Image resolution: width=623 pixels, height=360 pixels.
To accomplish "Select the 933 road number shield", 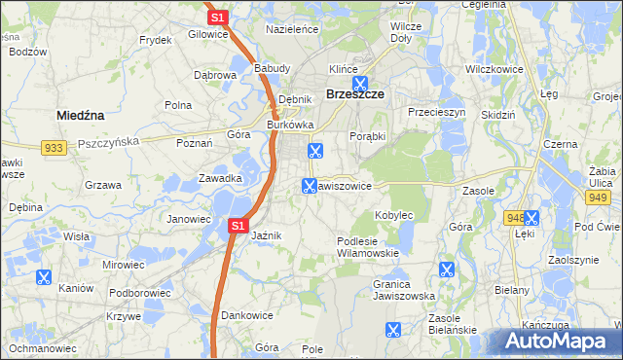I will [55, 147].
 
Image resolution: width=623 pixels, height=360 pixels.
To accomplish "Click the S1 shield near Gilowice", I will [217, 17].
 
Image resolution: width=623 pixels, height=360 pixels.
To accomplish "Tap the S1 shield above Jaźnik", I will [238, 226].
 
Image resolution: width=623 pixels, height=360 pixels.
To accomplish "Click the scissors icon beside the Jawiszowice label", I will [310, 185].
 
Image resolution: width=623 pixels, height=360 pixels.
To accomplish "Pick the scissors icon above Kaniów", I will [43, 277].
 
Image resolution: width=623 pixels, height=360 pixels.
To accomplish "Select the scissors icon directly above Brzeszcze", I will [360, 84].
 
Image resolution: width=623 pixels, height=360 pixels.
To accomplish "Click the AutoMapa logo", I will [558, 341].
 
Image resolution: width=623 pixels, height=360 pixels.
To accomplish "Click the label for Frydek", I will [156, 40].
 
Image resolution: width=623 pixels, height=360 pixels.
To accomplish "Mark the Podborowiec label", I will [140, 292].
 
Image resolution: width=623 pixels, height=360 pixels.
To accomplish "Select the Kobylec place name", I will [394, 214].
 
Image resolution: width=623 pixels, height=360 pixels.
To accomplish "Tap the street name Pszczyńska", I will [109, 140].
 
